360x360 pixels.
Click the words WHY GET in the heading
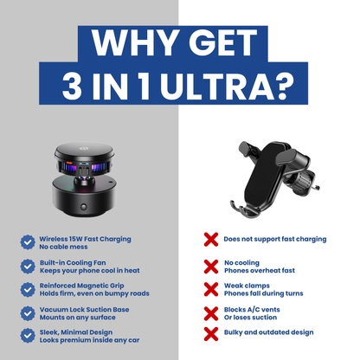pyautogui.click(x=180, y=43)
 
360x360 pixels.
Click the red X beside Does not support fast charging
pyautogui.click(x=210, y=238)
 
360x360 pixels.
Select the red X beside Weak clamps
pyautogui.click(x=210, y=288)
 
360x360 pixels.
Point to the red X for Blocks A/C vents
pyautogui.click(x=210, y=312)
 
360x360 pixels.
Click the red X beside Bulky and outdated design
pyautogui.click(x=210, y=332)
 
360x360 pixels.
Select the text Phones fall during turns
pyautogui.click(x=263, y=292)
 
